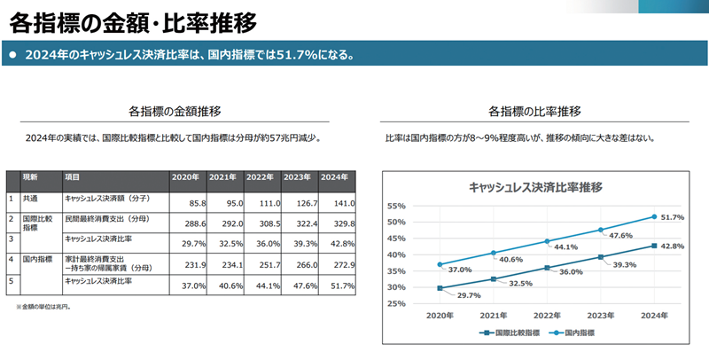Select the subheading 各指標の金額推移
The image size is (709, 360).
click(x=174, y=112)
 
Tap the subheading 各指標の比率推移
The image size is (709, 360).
click(x=534, y=112)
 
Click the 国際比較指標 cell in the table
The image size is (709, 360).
click(x=38, y=223)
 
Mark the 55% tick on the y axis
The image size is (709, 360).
click(x=396, y=206)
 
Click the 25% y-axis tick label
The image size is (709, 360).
click(x=396, y=304)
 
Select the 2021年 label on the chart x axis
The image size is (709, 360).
click(x=495, y=316)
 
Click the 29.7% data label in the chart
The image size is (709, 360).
click(x=467, y=295)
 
